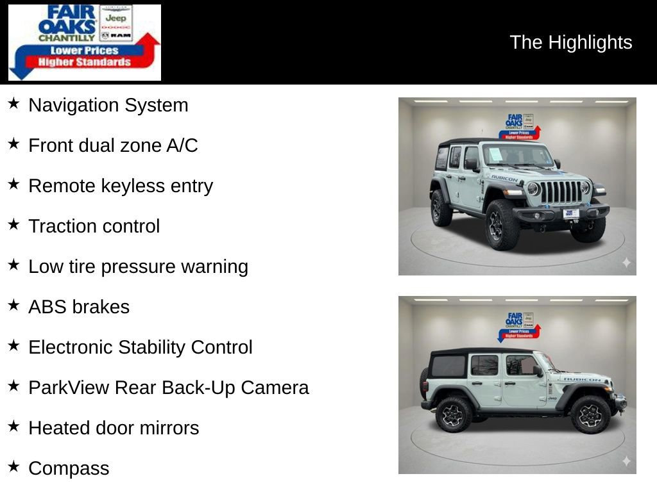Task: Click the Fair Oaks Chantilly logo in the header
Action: coord(84,42)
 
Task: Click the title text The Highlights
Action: coord(570,42)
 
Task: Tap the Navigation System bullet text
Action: coord(108,105)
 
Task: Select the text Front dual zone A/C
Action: coord(113,145)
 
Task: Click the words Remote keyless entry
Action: coord(120,186)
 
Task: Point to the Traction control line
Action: coord(94,226)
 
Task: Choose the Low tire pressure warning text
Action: coord(138,266)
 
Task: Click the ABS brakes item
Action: coord(78,307)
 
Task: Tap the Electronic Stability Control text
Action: coord(140,347)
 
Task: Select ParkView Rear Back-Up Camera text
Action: coord(168,388)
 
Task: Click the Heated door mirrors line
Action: coord(114,428)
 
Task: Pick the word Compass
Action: coord(69,468)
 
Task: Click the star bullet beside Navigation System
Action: coord(13,103)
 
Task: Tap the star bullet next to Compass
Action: coord(13,466)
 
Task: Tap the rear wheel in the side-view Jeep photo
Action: coord(454,414)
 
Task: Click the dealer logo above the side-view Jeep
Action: coord(519,326)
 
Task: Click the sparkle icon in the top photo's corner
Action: coord(626,263)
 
